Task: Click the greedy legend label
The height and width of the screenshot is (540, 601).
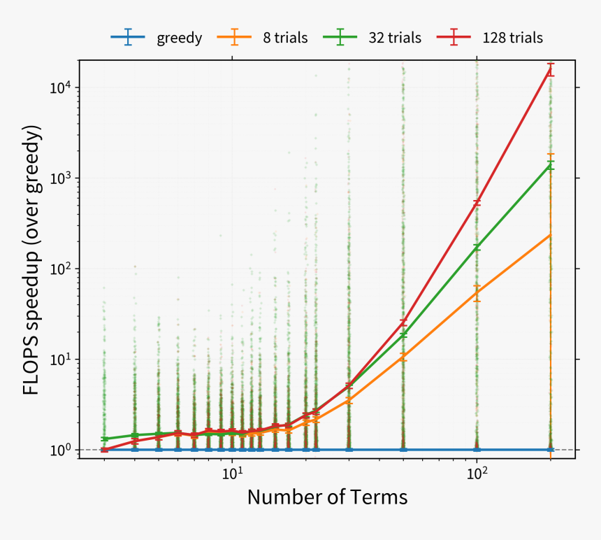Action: (x=180, y=38)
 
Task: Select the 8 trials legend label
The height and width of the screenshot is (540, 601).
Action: (x=285, y=38)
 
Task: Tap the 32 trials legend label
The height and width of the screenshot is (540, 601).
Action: (x=395, y=38)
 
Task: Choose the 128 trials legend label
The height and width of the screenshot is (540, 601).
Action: (x=512, y=38)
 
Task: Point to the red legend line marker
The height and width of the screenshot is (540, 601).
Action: (x=454, y=38)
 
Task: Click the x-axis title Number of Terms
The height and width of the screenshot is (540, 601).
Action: (x=327, y=497)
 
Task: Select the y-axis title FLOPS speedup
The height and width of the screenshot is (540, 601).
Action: (x=32, y=260)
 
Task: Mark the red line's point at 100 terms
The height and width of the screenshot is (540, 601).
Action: (x=477, y=203)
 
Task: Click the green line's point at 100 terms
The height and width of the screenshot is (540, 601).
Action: (x=477, y=247)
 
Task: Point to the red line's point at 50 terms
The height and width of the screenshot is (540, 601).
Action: (x=403, y=322)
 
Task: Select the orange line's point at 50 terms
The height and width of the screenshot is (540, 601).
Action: (x=403, y=357)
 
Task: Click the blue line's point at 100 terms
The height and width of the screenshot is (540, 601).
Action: (x=477, y=450)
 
